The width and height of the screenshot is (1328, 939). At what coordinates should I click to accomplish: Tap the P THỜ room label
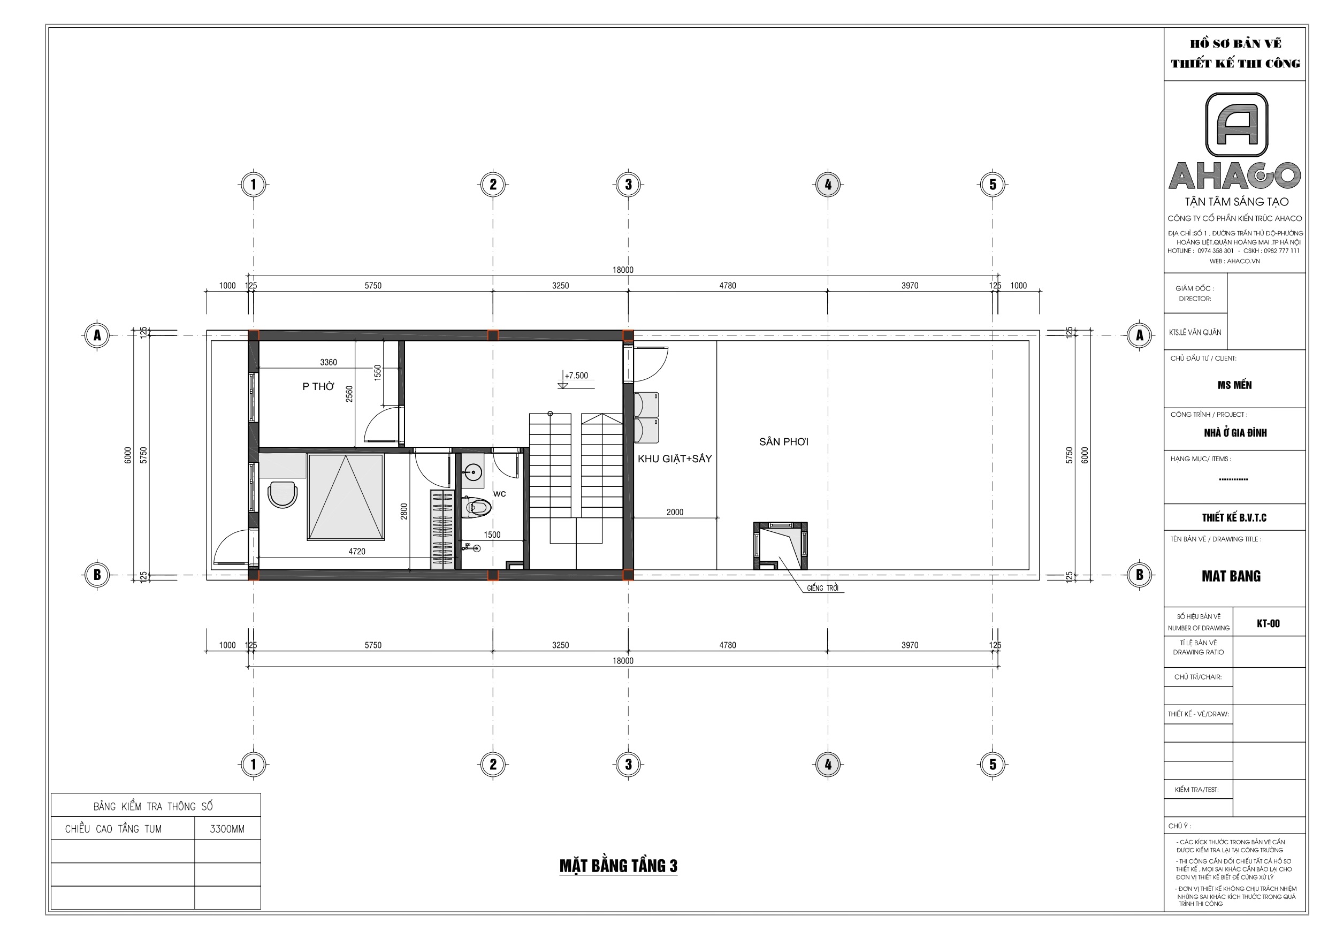(318, 386)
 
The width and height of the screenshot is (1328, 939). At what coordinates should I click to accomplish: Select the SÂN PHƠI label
(784, 442)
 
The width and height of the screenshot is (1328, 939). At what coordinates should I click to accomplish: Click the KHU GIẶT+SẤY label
(674, 459)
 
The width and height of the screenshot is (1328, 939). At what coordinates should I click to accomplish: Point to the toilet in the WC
(477, 507)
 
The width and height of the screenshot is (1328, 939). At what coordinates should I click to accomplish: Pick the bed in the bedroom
(346, 497)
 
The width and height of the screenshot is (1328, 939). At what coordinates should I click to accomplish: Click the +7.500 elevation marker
(576, 376)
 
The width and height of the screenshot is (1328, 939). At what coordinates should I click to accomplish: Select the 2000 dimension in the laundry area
(674, 512)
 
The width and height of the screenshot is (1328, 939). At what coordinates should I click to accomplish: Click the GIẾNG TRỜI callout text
(823, 589)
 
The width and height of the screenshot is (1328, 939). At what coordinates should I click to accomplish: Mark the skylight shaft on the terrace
(780, 546)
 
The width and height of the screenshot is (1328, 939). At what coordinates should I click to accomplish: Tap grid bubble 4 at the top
(828, 185)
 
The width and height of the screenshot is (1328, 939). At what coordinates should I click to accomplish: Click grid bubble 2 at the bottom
(493, 764)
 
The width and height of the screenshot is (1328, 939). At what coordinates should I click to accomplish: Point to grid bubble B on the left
(97, 575)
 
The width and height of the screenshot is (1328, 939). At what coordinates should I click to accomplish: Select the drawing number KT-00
(1268, 623)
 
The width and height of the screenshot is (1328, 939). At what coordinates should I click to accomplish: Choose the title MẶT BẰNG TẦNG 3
(619, 866)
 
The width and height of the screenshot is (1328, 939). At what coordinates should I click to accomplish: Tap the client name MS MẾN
(1234, 385)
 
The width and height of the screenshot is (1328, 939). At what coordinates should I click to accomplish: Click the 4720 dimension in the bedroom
(357, 552)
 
